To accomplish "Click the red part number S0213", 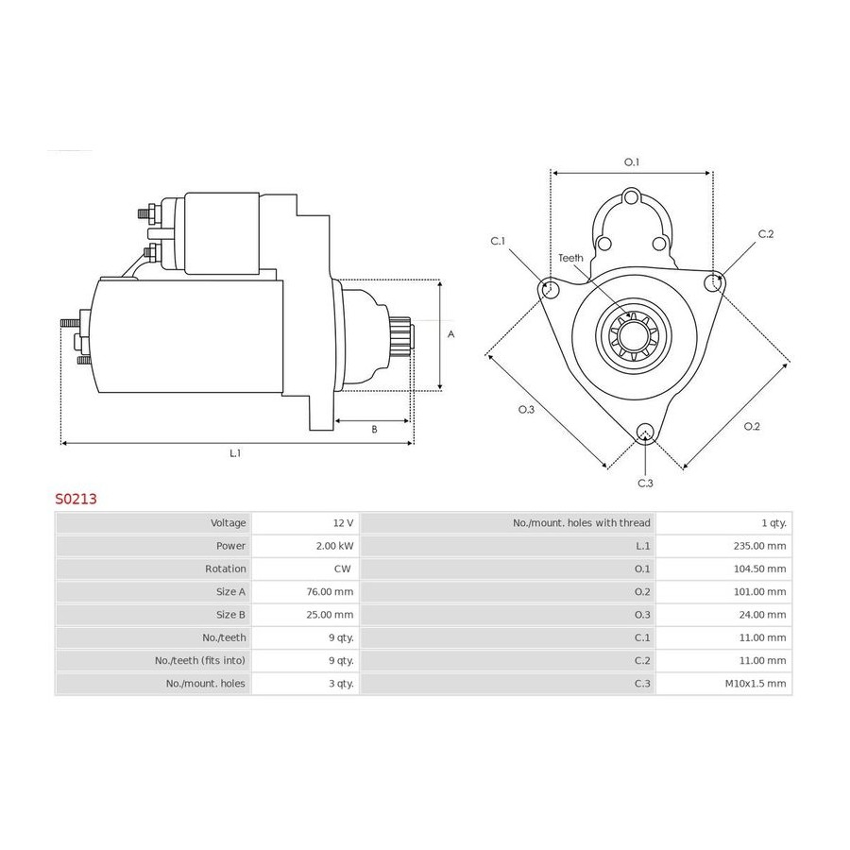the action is tap(76, 499).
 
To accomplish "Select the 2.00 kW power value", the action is tap(334, 546).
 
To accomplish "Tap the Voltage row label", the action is tap(229, 523).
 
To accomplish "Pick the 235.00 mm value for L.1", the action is tap(759, 546).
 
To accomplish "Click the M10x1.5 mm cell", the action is tap(756, 684).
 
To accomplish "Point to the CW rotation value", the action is tap(342, 569).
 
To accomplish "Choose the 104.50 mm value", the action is tap(759, 569).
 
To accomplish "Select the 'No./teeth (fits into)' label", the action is tap(200, 661).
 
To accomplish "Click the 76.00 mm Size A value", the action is tap(330, 592).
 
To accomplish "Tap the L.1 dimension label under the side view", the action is tap(235, 453).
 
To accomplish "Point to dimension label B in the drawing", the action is tap(374, 430).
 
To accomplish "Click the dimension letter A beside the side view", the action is tap(450, 334).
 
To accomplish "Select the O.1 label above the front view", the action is tap(632, 162).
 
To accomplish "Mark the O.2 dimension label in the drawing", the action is tap(752, 427).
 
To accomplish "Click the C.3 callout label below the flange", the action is tap(645, 483).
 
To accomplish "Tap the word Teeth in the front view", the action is tap(570, 258).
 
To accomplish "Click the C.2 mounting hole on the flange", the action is tap(713, 283).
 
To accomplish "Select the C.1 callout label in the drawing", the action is tap(498, 241).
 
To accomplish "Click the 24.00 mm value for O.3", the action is tap(763, 615).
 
